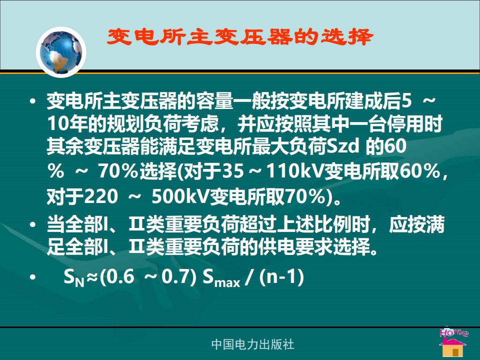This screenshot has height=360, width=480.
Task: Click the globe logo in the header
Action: click(x=61, y=52)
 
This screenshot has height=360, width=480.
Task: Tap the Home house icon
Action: click(x=453, y=342)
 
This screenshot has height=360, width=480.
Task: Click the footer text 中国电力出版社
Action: click(x=252, y=344)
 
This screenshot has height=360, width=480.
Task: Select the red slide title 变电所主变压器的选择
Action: click(x=240, y=37)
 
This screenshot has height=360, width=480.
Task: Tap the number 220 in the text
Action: click(x=100, y=196)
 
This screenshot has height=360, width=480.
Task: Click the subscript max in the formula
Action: click(x=227, y=282)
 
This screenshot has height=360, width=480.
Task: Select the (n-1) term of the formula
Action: click(x=281, y=277)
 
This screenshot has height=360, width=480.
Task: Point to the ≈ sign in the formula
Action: click(x=92, y=277)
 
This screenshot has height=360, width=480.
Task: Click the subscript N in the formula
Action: click(x=79, y=282)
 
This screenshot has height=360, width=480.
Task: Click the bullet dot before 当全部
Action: click(x=33, y=224)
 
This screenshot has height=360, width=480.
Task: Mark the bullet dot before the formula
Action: click(x=33, y=277)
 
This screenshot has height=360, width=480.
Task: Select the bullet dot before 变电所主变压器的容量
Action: click(x=33, y=100)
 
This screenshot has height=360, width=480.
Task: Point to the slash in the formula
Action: click(x=249, y=277)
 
